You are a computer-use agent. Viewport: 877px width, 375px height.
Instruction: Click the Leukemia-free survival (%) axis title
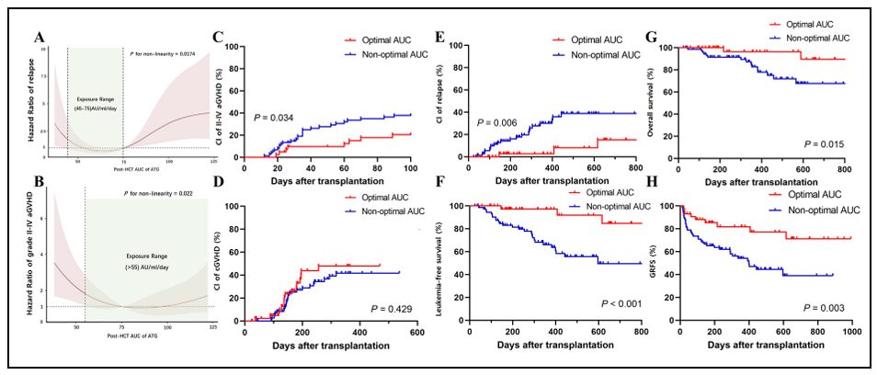click(454, 264)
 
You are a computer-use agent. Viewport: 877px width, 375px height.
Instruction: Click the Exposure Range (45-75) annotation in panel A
click(95, 102)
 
